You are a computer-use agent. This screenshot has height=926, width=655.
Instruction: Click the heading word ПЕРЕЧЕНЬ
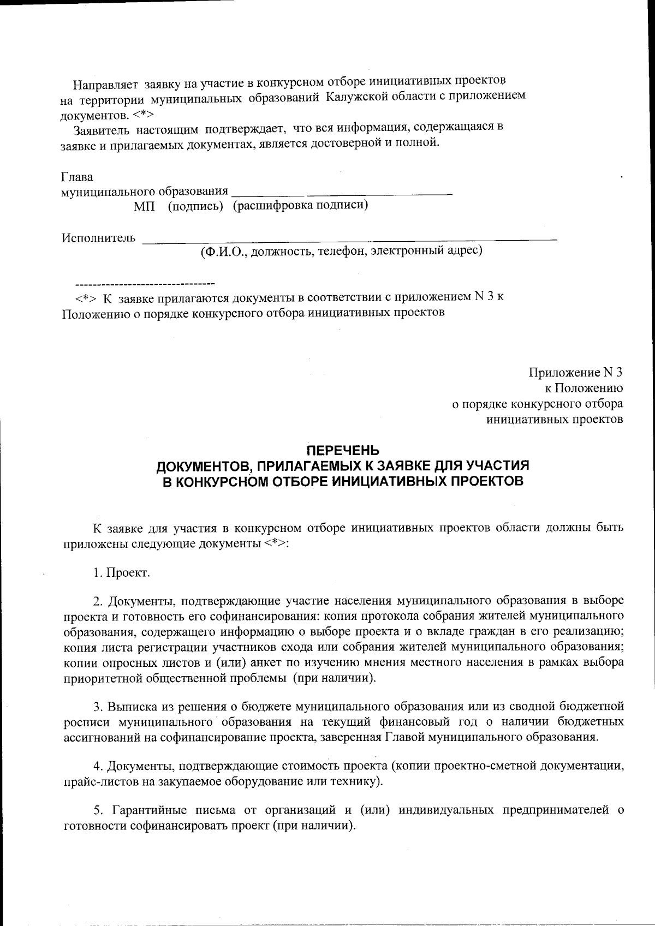pos(342,451)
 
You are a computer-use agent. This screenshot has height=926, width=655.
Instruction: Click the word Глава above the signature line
pos(77,177)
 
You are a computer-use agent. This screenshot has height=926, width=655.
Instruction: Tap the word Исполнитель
pos(98,238)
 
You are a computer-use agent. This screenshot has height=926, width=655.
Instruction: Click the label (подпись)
pos(195,206)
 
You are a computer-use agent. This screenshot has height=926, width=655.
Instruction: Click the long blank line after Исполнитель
pos(349,240)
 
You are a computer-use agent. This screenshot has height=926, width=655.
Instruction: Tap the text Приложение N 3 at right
pos(575,373)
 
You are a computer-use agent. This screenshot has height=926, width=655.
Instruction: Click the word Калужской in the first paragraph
pos(358,97)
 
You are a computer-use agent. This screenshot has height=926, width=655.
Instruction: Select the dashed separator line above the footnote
pos(145,284)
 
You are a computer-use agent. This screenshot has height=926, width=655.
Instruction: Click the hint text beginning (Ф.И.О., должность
pos(341,251)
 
